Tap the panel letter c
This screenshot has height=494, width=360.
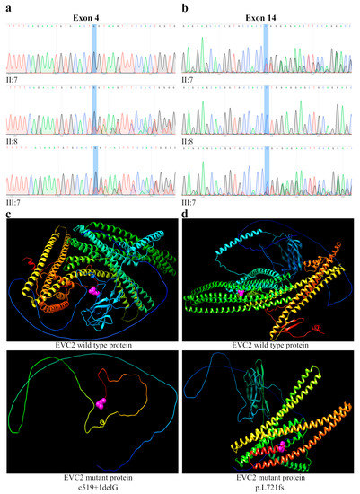click(8, 214)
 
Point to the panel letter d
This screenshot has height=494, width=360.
click(186, 214)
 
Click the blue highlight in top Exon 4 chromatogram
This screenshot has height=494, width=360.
click(94, 49)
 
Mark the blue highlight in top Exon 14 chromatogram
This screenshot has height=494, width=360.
click(266, 49)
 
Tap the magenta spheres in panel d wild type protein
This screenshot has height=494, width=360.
click(241, 293)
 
